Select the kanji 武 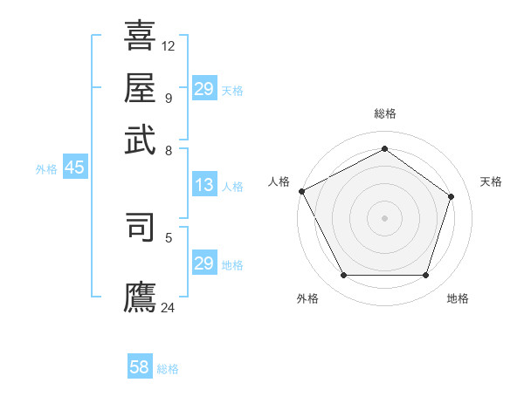click(140, 139)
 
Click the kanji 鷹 click(140, 296)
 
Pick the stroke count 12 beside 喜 click(169, 45)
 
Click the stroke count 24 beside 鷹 click(169, 306)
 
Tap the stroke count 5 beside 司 click(169, 236)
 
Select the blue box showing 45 click(74, 168)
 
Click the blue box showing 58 click(140, 367)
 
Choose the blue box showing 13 click(203, 185)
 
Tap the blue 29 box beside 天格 click(203, 89)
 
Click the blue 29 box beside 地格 click(203, 263)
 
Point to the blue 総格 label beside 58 click(168, 369)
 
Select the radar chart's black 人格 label click(279, 181)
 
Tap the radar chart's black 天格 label click(491, 181)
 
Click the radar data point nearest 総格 click(384, 149)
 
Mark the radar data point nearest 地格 click(425, 276)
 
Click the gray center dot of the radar click(384, 217)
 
